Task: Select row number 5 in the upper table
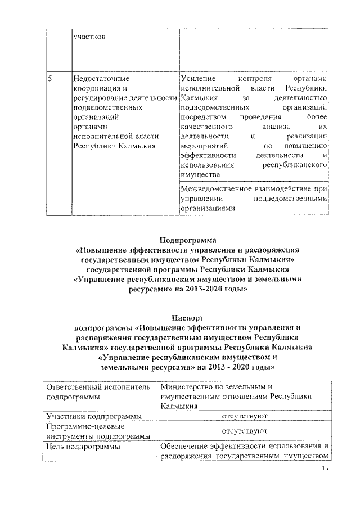pyautogui.click(x=50, y=80)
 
